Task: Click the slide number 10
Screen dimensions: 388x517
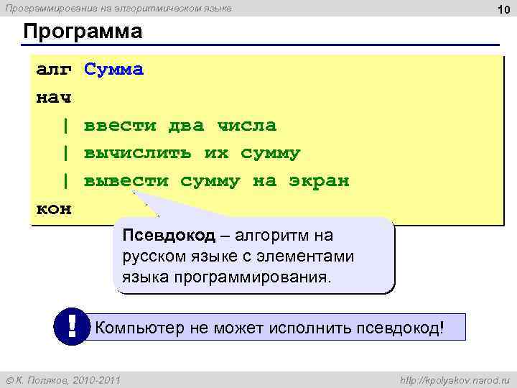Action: pos(503,9)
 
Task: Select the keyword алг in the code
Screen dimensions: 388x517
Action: pos(54,70)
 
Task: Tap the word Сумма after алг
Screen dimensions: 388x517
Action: pos(113,70)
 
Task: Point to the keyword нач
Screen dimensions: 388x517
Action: pos(54,98)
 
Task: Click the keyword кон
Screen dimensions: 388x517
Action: pos(54,208)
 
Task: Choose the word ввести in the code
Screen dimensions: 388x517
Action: pos(120,126)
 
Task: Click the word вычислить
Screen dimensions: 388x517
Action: pos(138,153)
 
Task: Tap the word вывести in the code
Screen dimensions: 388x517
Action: pos(126,181)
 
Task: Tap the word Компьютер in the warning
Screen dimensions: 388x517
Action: pos(139,328)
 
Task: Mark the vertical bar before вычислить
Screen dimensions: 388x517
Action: pos(65,153)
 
